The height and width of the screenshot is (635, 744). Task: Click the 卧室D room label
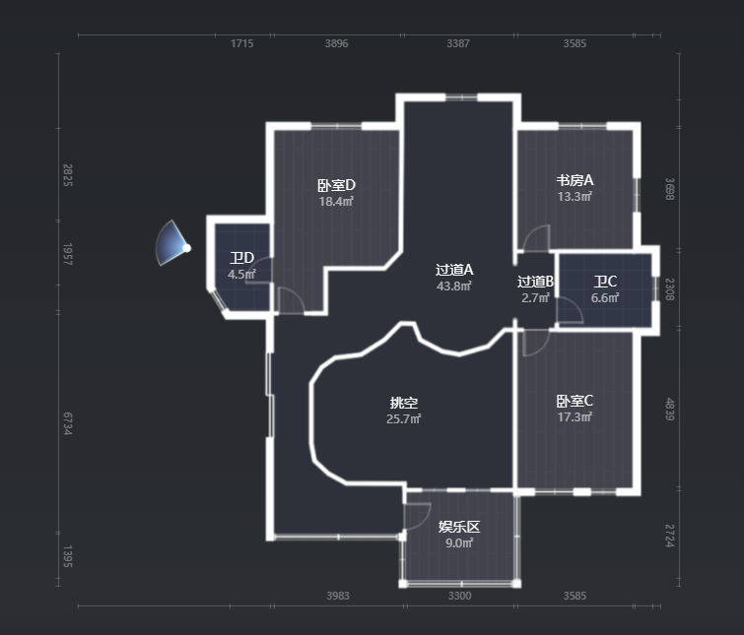[336, 185]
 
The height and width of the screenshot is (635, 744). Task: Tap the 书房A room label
[575, 180]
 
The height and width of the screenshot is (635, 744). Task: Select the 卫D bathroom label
[242, 258]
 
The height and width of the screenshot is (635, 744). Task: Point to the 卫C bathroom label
[605, 282]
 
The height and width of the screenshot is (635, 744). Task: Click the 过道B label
[535, 282]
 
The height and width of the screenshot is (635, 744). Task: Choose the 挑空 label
[404, 403]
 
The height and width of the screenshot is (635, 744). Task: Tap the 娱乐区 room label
[459, 527]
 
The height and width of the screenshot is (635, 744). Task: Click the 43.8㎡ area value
[454, 286]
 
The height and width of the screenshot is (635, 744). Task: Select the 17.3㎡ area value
[575, 417]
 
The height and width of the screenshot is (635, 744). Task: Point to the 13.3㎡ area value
[575, 196]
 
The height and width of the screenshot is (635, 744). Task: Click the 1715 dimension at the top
[242, 43]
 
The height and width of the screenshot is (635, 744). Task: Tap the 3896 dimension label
[336, 43]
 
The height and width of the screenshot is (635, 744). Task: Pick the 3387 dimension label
[458, 43]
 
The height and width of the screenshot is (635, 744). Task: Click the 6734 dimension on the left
[68, 423]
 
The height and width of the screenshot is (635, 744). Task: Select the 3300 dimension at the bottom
[460, 596]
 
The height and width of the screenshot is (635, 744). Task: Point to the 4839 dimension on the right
[669, 409]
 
